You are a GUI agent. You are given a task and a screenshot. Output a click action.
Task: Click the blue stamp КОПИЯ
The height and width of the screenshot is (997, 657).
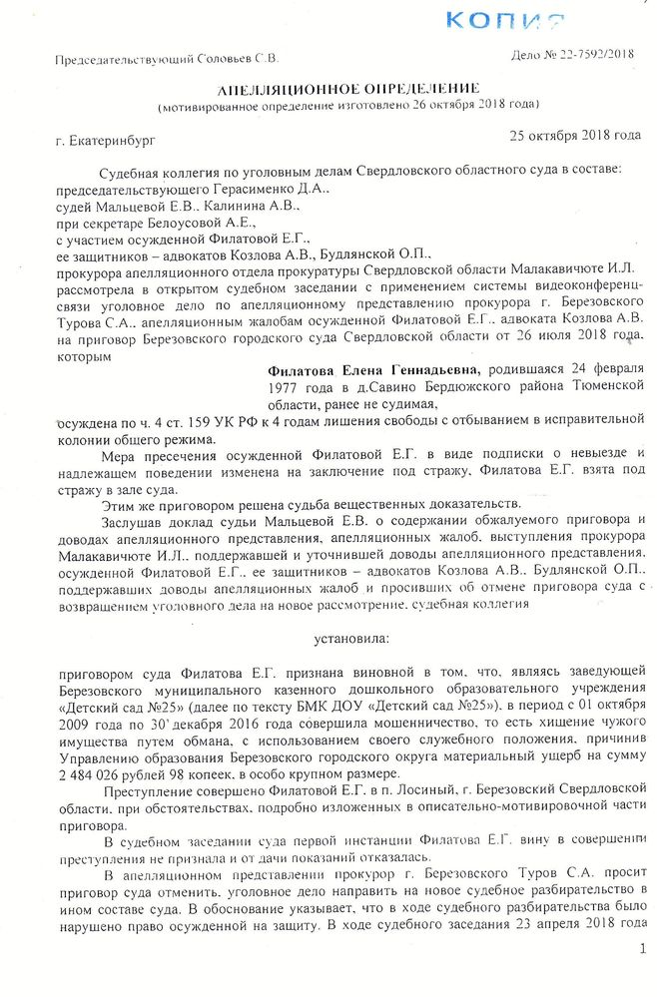tap(503, 20)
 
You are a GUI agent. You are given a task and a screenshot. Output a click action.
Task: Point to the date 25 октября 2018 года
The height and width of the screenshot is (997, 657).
tap(574, 135)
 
